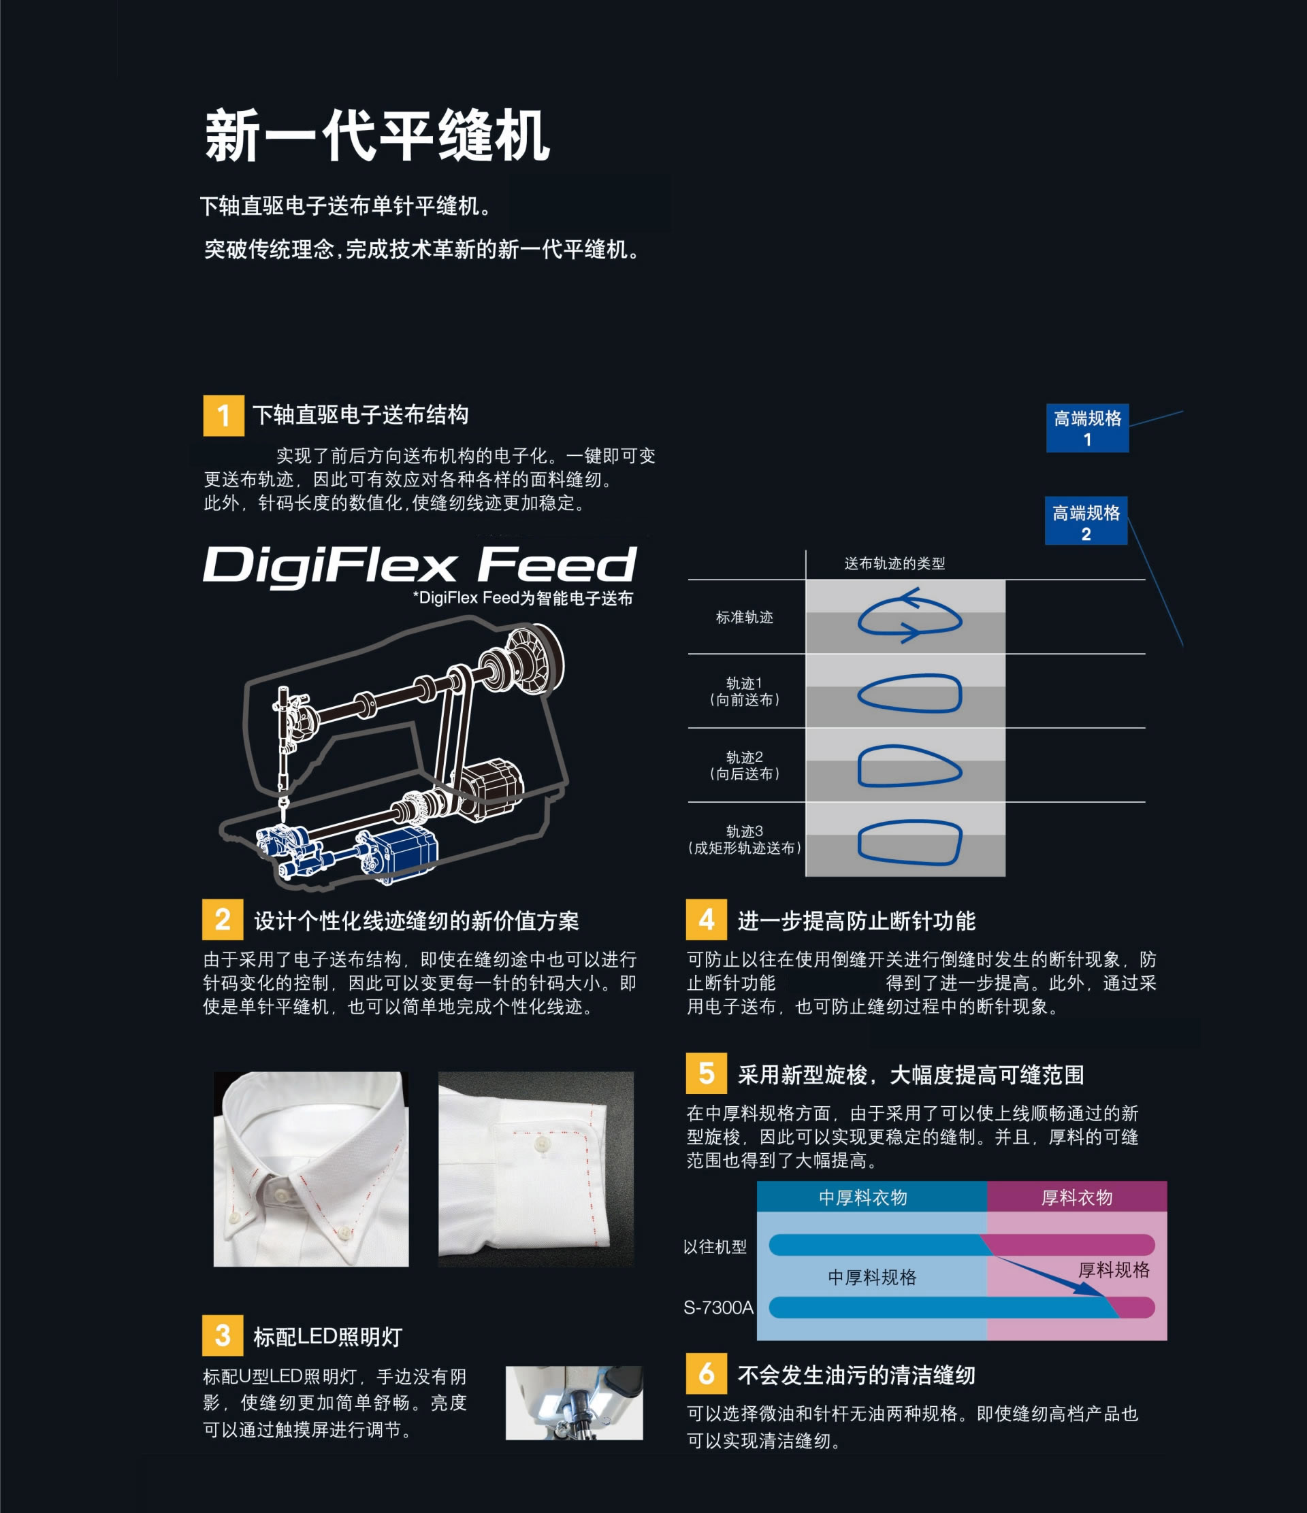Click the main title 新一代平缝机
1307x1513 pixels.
tap(377, 136)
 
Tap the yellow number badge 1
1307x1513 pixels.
tap(223, 416)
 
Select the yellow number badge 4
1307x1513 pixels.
tap(707, 919)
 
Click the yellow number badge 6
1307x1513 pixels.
tap(707, 1374)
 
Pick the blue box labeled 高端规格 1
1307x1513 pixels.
tap(1087, 428)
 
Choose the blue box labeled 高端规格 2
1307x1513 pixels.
tap(1086, 520)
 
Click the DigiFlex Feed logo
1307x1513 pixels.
tap(419, 566)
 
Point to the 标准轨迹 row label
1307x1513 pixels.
tap(745, 617)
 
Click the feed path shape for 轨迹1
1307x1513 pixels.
tap(909, 693)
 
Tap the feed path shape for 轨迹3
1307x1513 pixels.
tap(909, 843)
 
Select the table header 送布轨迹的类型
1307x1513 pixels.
tap(895, 563)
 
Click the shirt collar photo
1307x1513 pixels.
tap(311, 1169)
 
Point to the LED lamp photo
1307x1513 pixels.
tap(575, 1403)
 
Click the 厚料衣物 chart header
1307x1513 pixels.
tap(1077, 1197)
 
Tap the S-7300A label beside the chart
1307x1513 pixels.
tap(718, 1307)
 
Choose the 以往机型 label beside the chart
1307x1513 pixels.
tap(715, 1246)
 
